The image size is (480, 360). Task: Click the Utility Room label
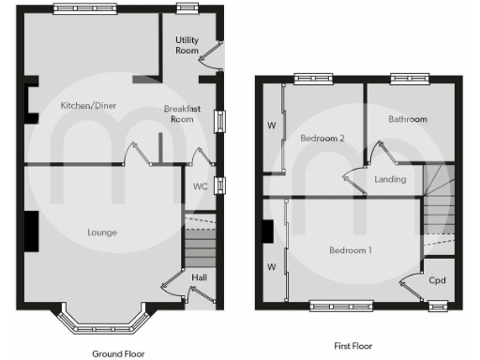click(x=187, y=45)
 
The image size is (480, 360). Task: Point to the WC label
click(x=200, y=186)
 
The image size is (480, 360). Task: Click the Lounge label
click(x=102, y=232)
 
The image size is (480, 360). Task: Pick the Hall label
click(x=200, y=277)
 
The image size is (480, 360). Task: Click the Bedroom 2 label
click(x=322, y=138)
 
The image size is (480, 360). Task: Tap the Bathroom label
click(x=408, y=119)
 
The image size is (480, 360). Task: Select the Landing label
click(x=390, y=178)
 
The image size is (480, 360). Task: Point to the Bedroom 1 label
click(x=350, y=250)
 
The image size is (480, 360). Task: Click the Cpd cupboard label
click(x=437, y=280)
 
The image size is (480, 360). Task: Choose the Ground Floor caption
click(x=118, y=353)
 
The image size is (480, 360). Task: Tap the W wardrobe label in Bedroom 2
click(x=272, y=125)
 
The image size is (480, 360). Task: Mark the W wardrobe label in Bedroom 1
click(x=272, y=266)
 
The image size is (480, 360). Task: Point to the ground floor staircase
click(x=199, y=247)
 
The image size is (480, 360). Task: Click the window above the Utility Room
click(x=187, y=9)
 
